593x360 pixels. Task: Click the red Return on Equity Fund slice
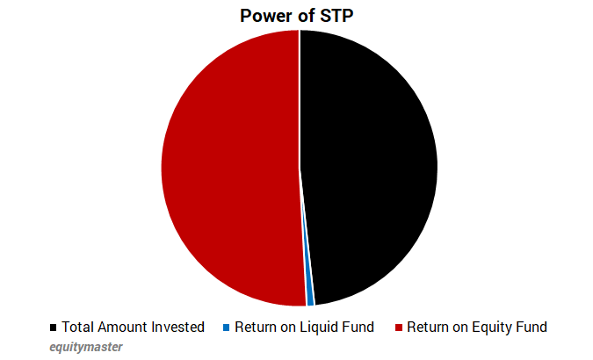pyautogui.click(x=228, y=167)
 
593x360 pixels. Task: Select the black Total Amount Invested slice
pyautogui.click(x=369, y=167)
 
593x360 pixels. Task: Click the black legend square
pyautogui.click(x=54, y=328)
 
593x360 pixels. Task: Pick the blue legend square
pyautogui.click(x=226, y=328)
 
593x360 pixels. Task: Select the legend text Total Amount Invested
pyautogui.click(x=133, y=328)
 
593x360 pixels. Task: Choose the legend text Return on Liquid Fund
pyautogui.click(x=304, y=328)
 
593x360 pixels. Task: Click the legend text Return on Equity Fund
pyautogui.click(x=476, y=328)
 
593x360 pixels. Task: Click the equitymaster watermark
pyautogui.click(x=86, y=347)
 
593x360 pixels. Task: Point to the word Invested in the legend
pyautogui.click(x=177, y=328)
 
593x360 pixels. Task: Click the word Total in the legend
pyautogui.click(x=77, y=328)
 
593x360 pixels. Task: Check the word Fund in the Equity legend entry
pyautogui.click(x=531, y=328)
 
